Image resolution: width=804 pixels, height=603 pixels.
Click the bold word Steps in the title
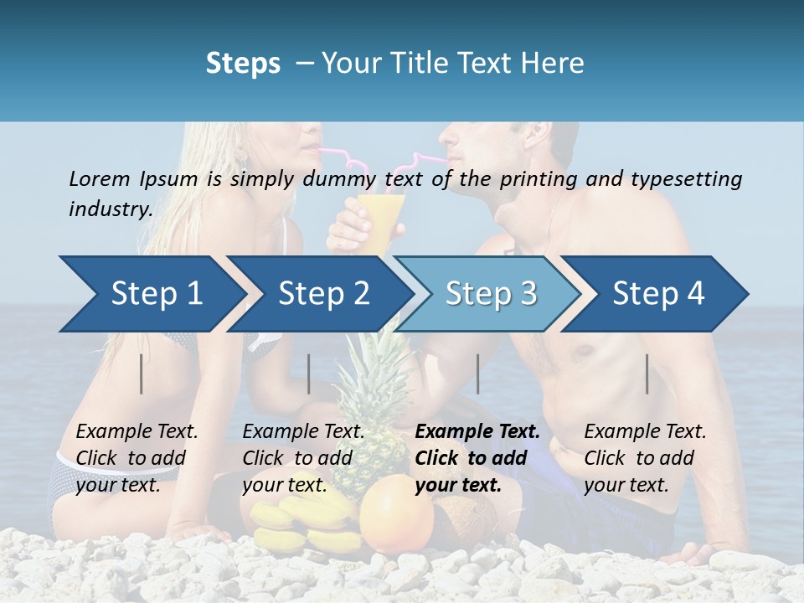click(243, 64)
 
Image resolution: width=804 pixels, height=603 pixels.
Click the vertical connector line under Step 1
click(142, 374)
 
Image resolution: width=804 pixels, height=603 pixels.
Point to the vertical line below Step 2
click(309, 374)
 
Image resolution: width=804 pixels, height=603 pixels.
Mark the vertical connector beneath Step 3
click(478, 374)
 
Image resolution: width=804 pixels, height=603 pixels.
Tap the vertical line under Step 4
click(647, 374)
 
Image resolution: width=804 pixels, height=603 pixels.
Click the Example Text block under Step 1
click(137, 458)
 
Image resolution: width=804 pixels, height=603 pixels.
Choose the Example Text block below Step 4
click(645, 458)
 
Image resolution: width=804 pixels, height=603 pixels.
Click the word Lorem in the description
click(99, 178)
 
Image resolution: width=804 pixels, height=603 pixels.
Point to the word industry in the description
click(111, 209)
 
